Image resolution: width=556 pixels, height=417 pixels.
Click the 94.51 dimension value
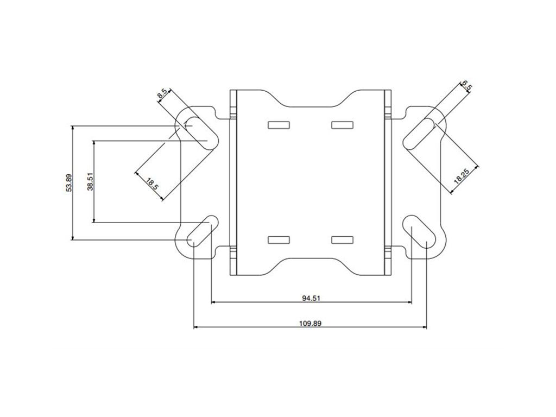[310, 297]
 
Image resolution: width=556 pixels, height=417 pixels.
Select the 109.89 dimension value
[310, 323]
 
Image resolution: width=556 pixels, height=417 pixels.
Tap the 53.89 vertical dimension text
[69, 182]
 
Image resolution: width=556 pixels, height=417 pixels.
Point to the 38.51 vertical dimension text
[91, 182]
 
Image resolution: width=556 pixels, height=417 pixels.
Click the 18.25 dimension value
[462, 175]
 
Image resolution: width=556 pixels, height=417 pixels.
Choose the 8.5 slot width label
[162, 93]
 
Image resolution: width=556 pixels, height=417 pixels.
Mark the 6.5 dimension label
[466, 86]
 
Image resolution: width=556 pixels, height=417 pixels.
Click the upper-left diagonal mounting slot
[199, 132]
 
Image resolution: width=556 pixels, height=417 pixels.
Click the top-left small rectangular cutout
[279, 125]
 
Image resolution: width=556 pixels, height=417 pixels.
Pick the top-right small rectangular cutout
[342, 125]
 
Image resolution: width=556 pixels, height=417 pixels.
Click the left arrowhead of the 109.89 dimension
[197, 327]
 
